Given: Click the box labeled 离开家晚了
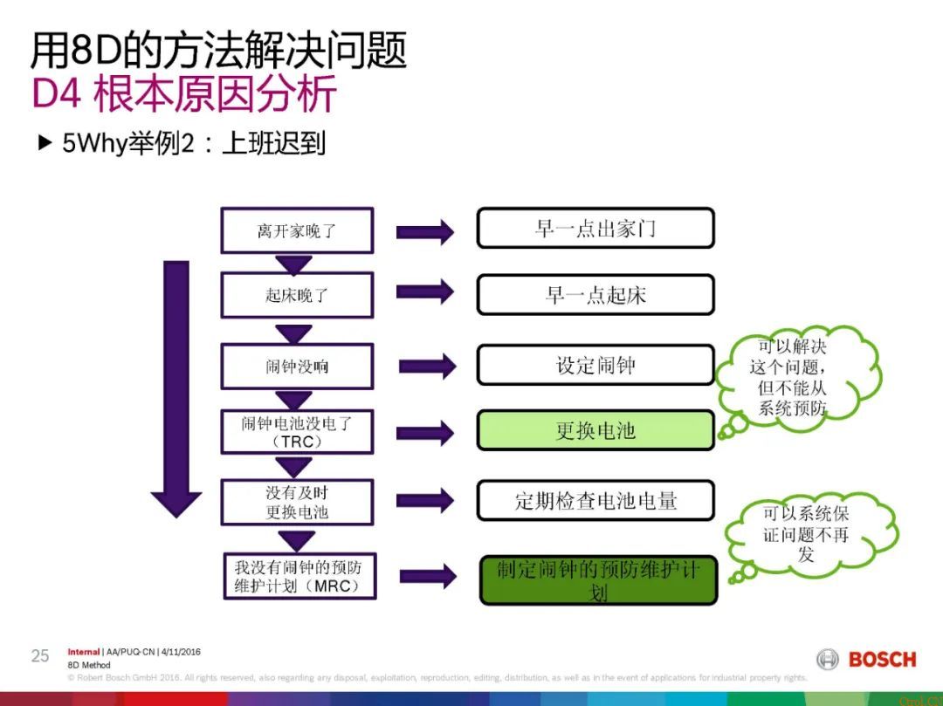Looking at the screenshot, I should pyautogui.click(x=297, y=230).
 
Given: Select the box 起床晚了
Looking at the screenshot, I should pyautogui.click(x=297, y=296).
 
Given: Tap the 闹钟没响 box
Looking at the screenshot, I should pyautogui.click(x=297, y=367).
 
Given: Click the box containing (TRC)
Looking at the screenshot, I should pyautogui.click(x=297, y=432).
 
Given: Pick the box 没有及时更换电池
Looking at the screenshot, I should pyautogui.click(x=297, y=501).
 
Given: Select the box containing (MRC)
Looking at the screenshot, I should pyautogui.click(x=297, y=576).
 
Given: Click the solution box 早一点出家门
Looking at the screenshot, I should pyautogui.click(x=595, y=229).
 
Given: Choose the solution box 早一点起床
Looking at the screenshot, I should pyautogui.click(x=595, y=295).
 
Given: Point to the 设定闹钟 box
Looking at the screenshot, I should pyautogui.click(x=595, y=365).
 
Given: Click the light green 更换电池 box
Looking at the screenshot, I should pyautogui.click(x=595, y=431).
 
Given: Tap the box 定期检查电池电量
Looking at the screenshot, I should pyautogui.click(x=595, y=501).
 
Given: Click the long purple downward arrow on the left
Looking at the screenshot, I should pyautogui.click(x=176, y=384).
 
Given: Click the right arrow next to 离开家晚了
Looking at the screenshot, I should pyautogui.click(x=424, y=232).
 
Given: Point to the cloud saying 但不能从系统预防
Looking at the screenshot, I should pyautogui.click(x=793, y=377).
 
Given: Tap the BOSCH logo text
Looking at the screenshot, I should pyautogui.click(x=882, y=660).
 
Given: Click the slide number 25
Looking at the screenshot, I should pyautogui.click(x=40, y=656).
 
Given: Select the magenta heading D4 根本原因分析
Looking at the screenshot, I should pyautogui.click(x=184, y=94).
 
